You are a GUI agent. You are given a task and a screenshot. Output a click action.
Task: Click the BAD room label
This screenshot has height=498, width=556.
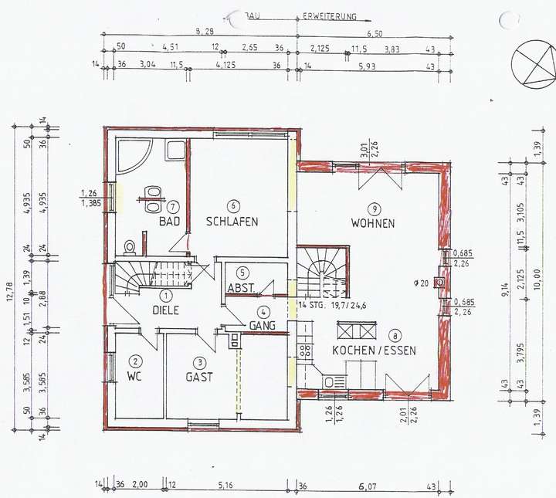point(169,222)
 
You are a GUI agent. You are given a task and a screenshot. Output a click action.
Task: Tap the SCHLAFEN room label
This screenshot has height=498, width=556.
point(232,222)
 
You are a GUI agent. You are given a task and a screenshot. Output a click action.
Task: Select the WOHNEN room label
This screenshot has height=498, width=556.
point(372,223)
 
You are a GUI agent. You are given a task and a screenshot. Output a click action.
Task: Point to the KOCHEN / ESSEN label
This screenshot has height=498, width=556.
point(374,351)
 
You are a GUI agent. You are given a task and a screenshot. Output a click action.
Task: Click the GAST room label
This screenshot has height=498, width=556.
point(198,378)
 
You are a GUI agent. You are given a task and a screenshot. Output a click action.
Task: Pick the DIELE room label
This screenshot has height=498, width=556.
point(165,310)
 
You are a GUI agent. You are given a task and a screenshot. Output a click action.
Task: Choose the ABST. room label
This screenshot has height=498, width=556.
point(241,288)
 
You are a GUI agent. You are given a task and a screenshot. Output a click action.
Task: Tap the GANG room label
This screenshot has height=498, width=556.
point(263,326)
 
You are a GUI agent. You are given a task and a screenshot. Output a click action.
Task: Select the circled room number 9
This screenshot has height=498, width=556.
point(372,208)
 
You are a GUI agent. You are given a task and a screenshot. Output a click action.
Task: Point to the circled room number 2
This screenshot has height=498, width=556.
point(135,361)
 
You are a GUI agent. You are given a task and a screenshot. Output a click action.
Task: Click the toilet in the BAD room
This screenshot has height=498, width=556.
point(130,246)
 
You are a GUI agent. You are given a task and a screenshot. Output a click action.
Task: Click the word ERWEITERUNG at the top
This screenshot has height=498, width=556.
point(330,15)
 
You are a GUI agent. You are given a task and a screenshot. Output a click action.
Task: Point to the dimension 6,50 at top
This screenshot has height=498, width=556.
point(375,34)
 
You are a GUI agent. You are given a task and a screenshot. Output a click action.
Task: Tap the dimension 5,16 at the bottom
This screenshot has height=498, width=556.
point(226,485)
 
